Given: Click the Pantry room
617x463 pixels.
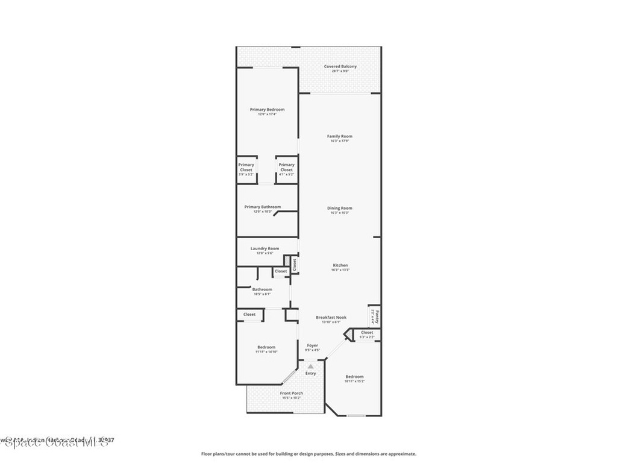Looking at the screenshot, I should [x=374, y=315].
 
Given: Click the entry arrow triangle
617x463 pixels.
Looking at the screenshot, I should [x=310, y=366].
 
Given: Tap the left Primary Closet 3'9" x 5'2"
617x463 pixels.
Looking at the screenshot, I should [x=246, y=167].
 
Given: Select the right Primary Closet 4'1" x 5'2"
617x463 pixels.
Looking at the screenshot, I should [x=287, y=167].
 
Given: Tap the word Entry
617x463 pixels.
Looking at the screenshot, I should [x=310, y=373].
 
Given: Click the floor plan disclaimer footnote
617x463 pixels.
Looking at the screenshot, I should [x=308, y=454].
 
